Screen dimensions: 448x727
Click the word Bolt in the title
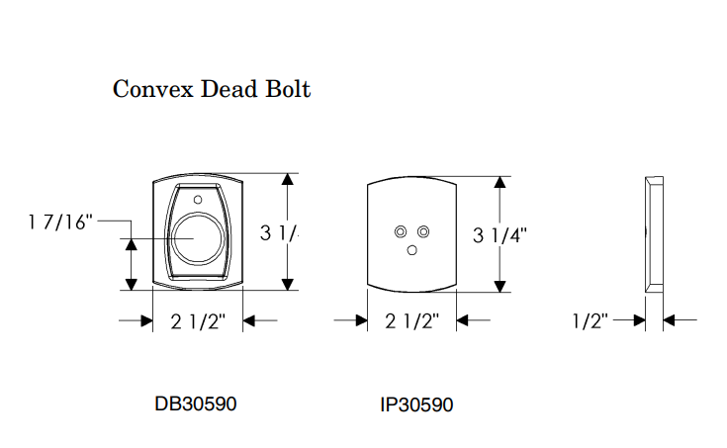point(285,90)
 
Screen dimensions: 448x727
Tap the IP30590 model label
point(416,404)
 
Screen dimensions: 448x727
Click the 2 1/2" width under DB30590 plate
point(199,320)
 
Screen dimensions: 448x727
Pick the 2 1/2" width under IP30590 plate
point(412,320)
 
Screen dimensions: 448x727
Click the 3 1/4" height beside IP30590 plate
point(500,234)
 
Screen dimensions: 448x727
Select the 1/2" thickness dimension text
point(591,319)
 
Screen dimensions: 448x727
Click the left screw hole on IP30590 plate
point(401,231)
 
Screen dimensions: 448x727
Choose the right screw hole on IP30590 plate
point(423,231)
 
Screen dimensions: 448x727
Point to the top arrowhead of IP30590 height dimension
point(500,182)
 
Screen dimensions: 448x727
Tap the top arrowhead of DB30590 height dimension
point(288,180)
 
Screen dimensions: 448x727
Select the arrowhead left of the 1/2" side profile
point(637,319)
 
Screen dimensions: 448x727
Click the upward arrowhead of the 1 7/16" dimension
point(130,243)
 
